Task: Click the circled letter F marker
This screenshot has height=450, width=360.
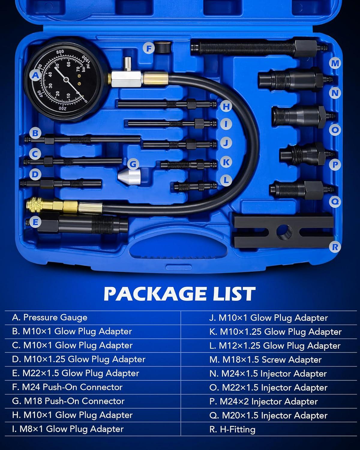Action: (149, 49)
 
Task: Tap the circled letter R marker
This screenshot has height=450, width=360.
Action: (335, 247)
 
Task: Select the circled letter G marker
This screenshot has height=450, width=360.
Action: (133, 164)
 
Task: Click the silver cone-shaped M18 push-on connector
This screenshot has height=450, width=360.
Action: (129, 176)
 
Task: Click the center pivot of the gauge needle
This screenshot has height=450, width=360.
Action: (66, 79)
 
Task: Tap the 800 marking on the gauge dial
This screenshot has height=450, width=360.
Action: (60, 52)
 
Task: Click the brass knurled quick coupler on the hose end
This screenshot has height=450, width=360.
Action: (34, 205)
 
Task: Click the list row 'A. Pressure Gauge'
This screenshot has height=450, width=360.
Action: (49, 317)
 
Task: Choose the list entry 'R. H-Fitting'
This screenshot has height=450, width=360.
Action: (232, 429)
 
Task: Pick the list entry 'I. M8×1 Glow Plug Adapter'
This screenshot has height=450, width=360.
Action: (68, 429)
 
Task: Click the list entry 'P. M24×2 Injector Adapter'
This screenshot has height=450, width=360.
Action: (263, 401)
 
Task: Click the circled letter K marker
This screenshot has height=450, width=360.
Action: (226, 162)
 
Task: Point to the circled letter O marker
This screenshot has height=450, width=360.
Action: (335, 130)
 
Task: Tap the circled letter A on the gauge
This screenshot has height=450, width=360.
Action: (35, 75)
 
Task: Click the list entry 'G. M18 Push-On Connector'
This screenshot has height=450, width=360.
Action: (68, 401)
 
